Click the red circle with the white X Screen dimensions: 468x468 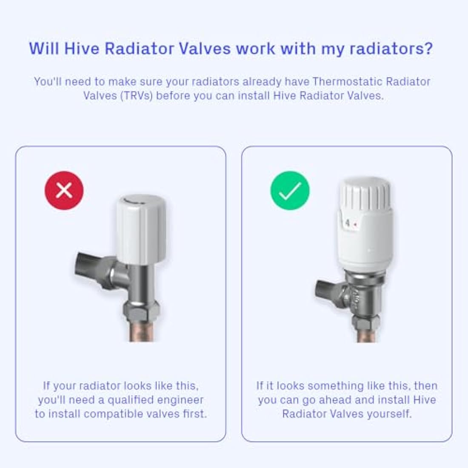pos(64,190)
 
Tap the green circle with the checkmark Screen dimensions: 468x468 pos(290,190)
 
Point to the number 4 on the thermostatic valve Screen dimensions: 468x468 pos(348,223)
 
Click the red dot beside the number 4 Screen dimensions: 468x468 pos(355,223)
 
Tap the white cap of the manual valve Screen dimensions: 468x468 pos(139,230)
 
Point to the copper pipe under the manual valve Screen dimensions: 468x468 pos(142,332)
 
